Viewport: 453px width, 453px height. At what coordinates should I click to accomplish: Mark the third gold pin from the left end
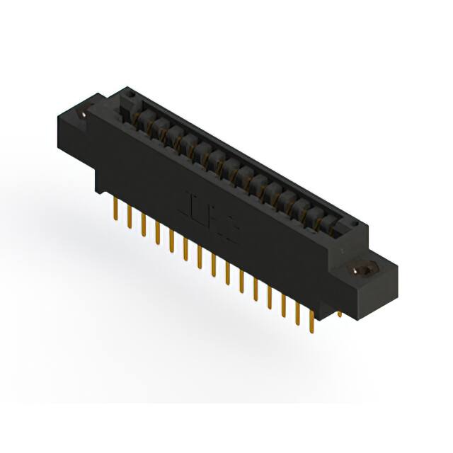tap(144, 225)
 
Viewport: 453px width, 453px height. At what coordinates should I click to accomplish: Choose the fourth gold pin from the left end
tap(157, 233)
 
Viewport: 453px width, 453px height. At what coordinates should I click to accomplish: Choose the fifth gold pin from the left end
tap(171, 241)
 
